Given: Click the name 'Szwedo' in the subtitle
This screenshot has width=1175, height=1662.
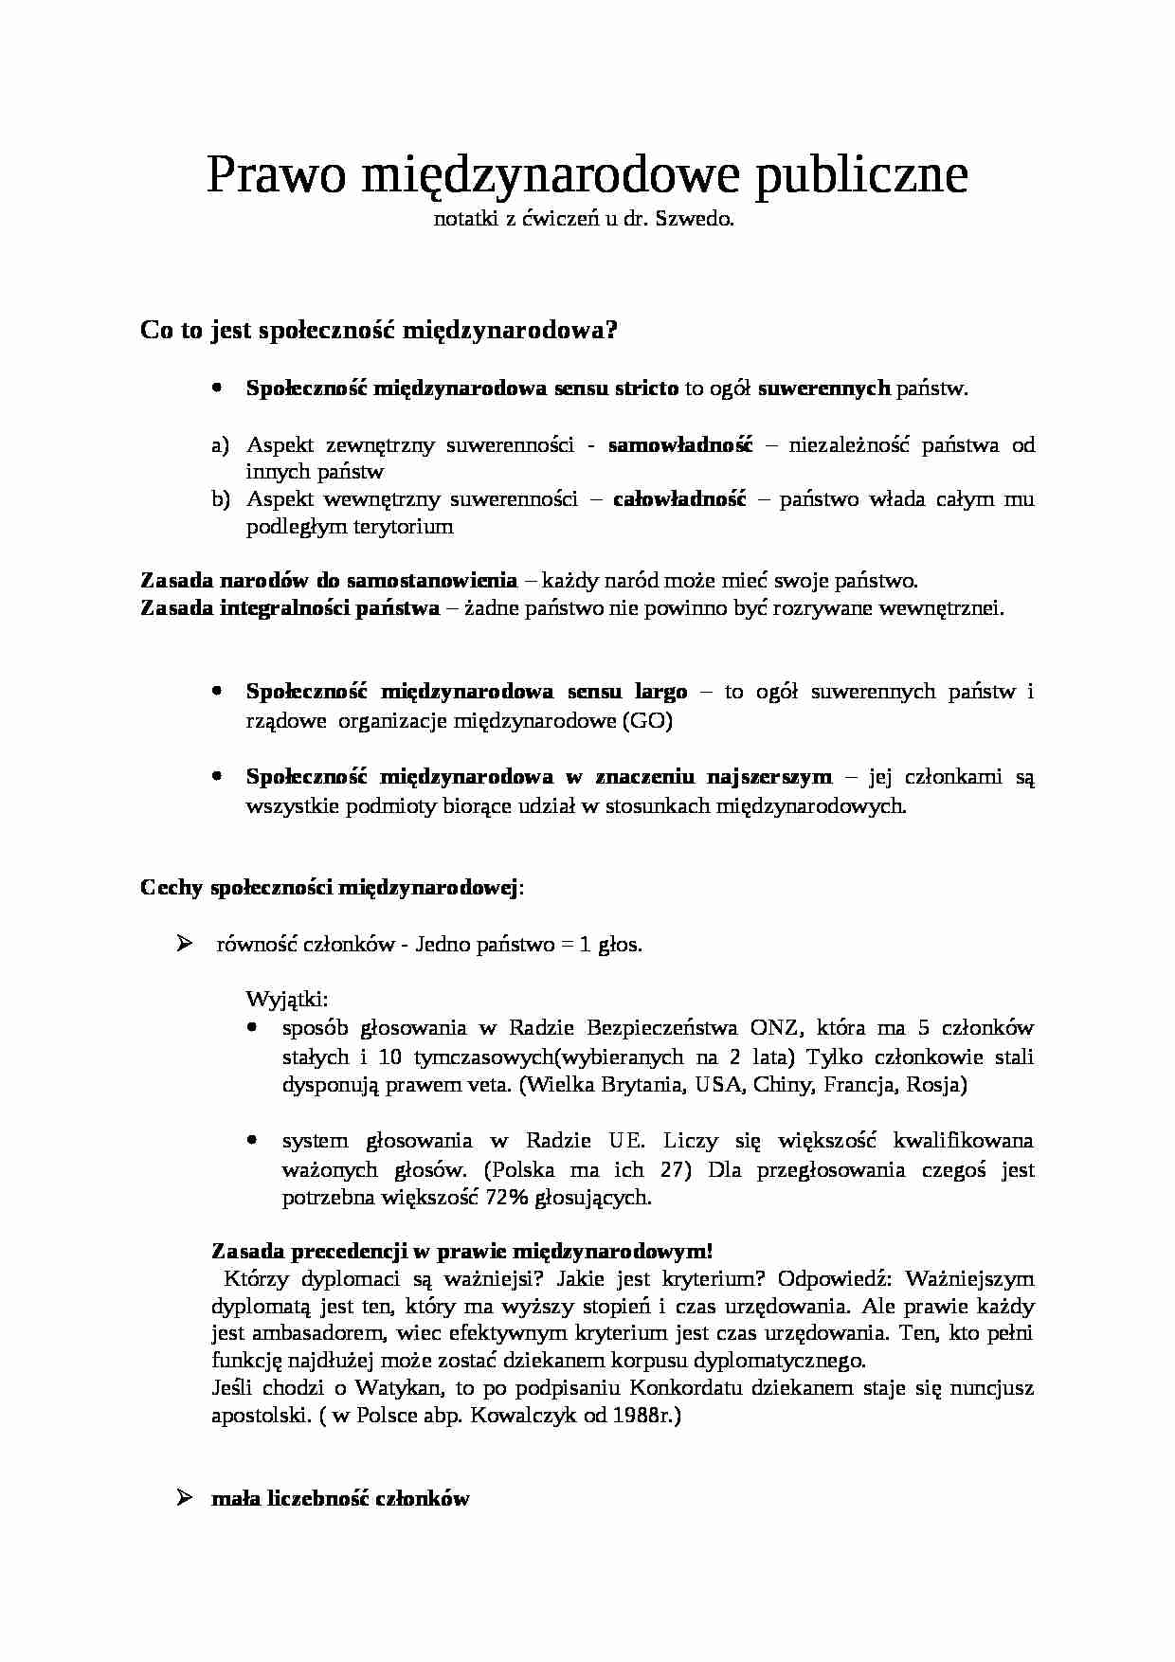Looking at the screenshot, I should [x=702, y=220].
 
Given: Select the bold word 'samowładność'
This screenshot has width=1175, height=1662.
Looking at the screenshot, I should [x=679, y=444].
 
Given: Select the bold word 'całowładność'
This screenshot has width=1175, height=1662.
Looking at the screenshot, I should [x=679, y=499].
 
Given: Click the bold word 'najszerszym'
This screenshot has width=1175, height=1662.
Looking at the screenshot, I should [x=769, y=777].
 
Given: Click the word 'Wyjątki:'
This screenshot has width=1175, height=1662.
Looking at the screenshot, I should [x=287, y=999].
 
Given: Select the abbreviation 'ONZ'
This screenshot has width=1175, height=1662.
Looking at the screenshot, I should [x=773, y=1028].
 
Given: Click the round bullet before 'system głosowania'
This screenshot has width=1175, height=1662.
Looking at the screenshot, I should [x=252, y=1140].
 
